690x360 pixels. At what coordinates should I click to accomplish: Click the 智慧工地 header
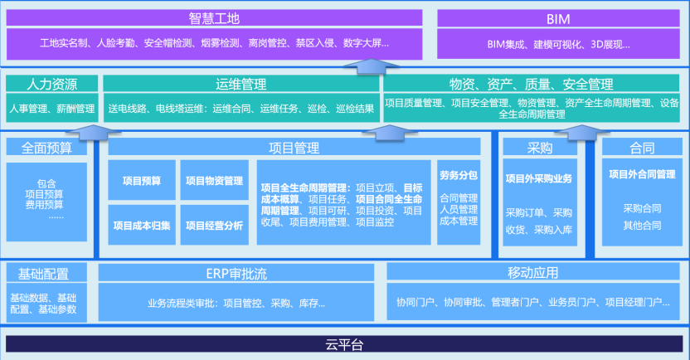214,17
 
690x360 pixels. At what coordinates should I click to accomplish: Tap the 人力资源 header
51,84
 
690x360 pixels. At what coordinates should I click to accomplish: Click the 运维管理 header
240,84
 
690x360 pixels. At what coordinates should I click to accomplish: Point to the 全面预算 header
46,148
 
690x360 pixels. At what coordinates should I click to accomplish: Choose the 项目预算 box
141,181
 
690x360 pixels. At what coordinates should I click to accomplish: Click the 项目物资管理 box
214,181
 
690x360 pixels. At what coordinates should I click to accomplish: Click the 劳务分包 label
459,176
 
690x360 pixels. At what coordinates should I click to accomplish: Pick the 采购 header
540,148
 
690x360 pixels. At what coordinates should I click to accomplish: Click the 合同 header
642,148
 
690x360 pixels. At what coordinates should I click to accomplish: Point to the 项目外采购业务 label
540,178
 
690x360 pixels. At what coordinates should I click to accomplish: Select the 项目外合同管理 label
642,175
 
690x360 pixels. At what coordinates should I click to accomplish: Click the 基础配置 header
46,273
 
